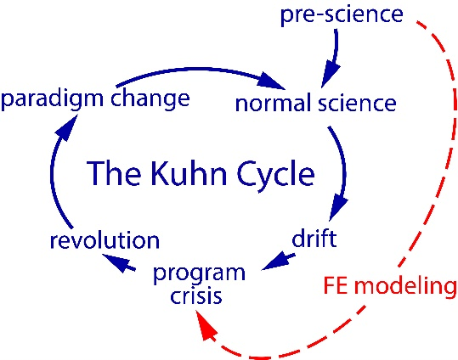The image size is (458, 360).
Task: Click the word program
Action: (199, 274)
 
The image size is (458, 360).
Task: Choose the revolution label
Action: (104, 241)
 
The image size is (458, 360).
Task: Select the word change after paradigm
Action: (149, 100)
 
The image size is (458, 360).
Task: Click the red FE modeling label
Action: (390, 285)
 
